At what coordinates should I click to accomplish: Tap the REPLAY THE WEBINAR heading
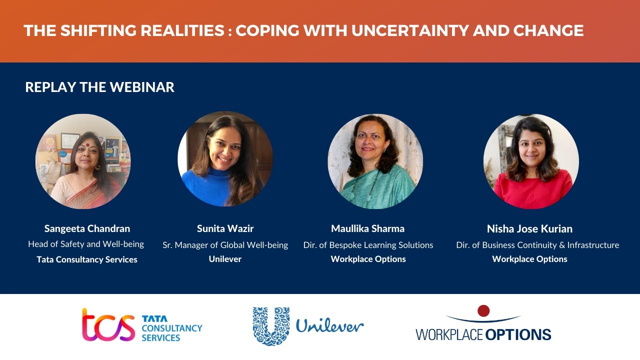pyautogui.click(x=99, y=87)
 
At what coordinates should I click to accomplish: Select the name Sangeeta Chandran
pyautogui.click(x=87, y=228)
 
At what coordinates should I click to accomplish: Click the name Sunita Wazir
pyautogui.click(x=225, y=228)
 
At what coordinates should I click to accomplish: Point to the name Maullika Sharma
pyautogui.click(x=367, y=228)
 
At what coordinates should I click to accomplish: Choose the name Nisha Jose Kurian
pyautogui.click(x=529, y=228)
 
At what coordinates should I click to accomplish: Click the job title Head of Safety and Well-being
pyautogui.click(x=86, y=244)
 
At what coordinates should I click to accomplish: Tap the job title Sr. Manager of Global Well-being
pyautogui.click(x=225, y=245)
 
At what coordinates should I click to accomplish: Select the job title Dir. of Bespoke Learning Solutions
pyautogui.click(x=368, y=245)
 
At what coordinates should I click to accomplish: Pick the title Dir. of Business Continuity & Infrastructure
pyautogui.click(x=537, y=245)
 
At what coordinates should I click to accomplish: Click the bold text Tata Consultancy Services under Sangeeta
pyautogui.click(x=87, y=259)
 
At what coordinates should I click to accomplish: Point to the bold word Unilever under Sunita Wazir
pyautogui.click(x=225, y=259)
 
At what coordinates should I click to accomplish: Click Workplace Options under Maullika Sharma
pyautogui.click(x=368, y=259)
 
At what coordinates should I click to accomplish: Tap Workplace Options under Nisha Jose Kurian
pyautogui.click(x=529, y=259)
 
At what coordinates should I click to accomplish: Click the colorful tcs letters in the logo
pyautogui.click(x=108, y=325)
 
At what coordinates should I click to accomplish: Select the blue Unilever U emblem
pyautogui.click(x=271, y=326)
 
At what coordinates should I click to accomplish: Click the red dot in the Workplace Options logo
pyautogui.click(x=483, y=311)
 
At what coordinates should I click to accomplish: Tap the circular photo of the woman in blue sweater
pyautogui.click(x=225, y=159)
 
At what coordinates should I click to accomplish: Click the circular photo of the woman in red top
pyautogui.click(x=531, y=161)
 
